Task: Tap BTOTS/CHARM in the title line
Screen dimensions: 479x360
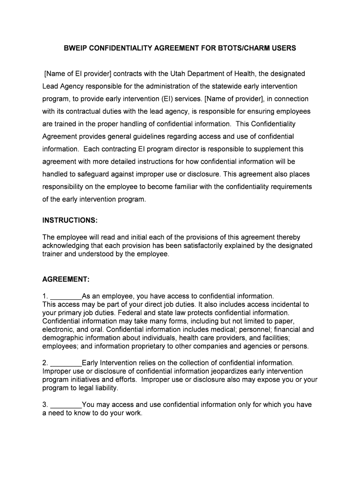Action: pyautogui.click(x=253, y=48)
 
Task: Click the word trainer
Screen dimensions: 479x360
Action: pyautogui.click(x=52, y=254)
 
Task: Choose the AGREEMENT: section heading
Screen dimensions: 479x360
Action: pyautogui.click(x=66, y=279)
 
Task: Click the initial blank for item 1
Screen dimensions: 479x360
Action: pyautogui.click(x=65, y=297)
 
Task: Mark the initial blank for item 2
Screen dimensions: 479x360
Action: pyautogui.click(x=65, y=363)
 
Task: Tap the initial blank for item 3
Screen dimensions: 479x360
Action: pyautogui.click(x=65, y=405)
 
